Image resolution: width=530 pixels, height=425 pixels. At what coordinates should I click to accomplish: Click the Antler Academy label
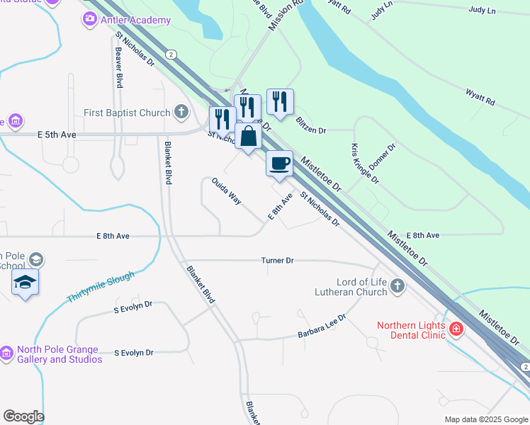tap(135, 20)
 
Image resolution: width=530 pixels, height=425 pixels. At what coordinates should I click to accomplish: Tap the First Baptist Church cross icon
tap(181, 112)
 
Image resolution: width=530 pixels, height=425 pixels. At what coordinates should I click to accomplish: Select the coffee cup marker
tap(279, 164)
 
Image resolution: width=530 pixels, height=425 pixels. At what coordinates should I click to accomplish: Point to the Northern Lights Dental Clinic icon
tap(456, 329)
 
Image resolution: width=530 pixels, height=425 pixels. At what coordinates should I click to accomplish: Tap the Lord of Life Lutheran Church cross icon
tap(397, 286)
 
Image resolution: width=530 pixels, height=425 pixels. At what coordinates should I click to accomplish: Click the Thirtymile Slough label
tap(100, 287)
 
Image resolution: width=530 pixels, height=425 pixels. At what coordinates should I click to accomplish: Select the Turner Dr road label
tap(277, 261)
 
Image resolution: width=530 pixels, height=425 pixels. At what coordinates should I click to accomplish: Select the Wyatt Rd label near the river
tap(480, 98)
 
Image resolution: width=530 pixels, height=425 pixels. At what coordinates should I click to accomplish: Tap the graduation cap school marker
tap(26, 282)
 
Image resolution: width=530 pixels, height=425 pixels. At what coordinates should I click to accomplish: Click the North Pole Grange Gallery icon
tap(6, 353)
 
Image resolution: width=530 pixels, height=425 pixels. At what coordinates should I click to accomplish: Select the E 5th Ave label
tap(57, 134)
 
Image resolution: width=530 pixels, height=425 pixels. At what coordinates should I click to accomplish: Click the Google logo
tap(23, 416)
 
